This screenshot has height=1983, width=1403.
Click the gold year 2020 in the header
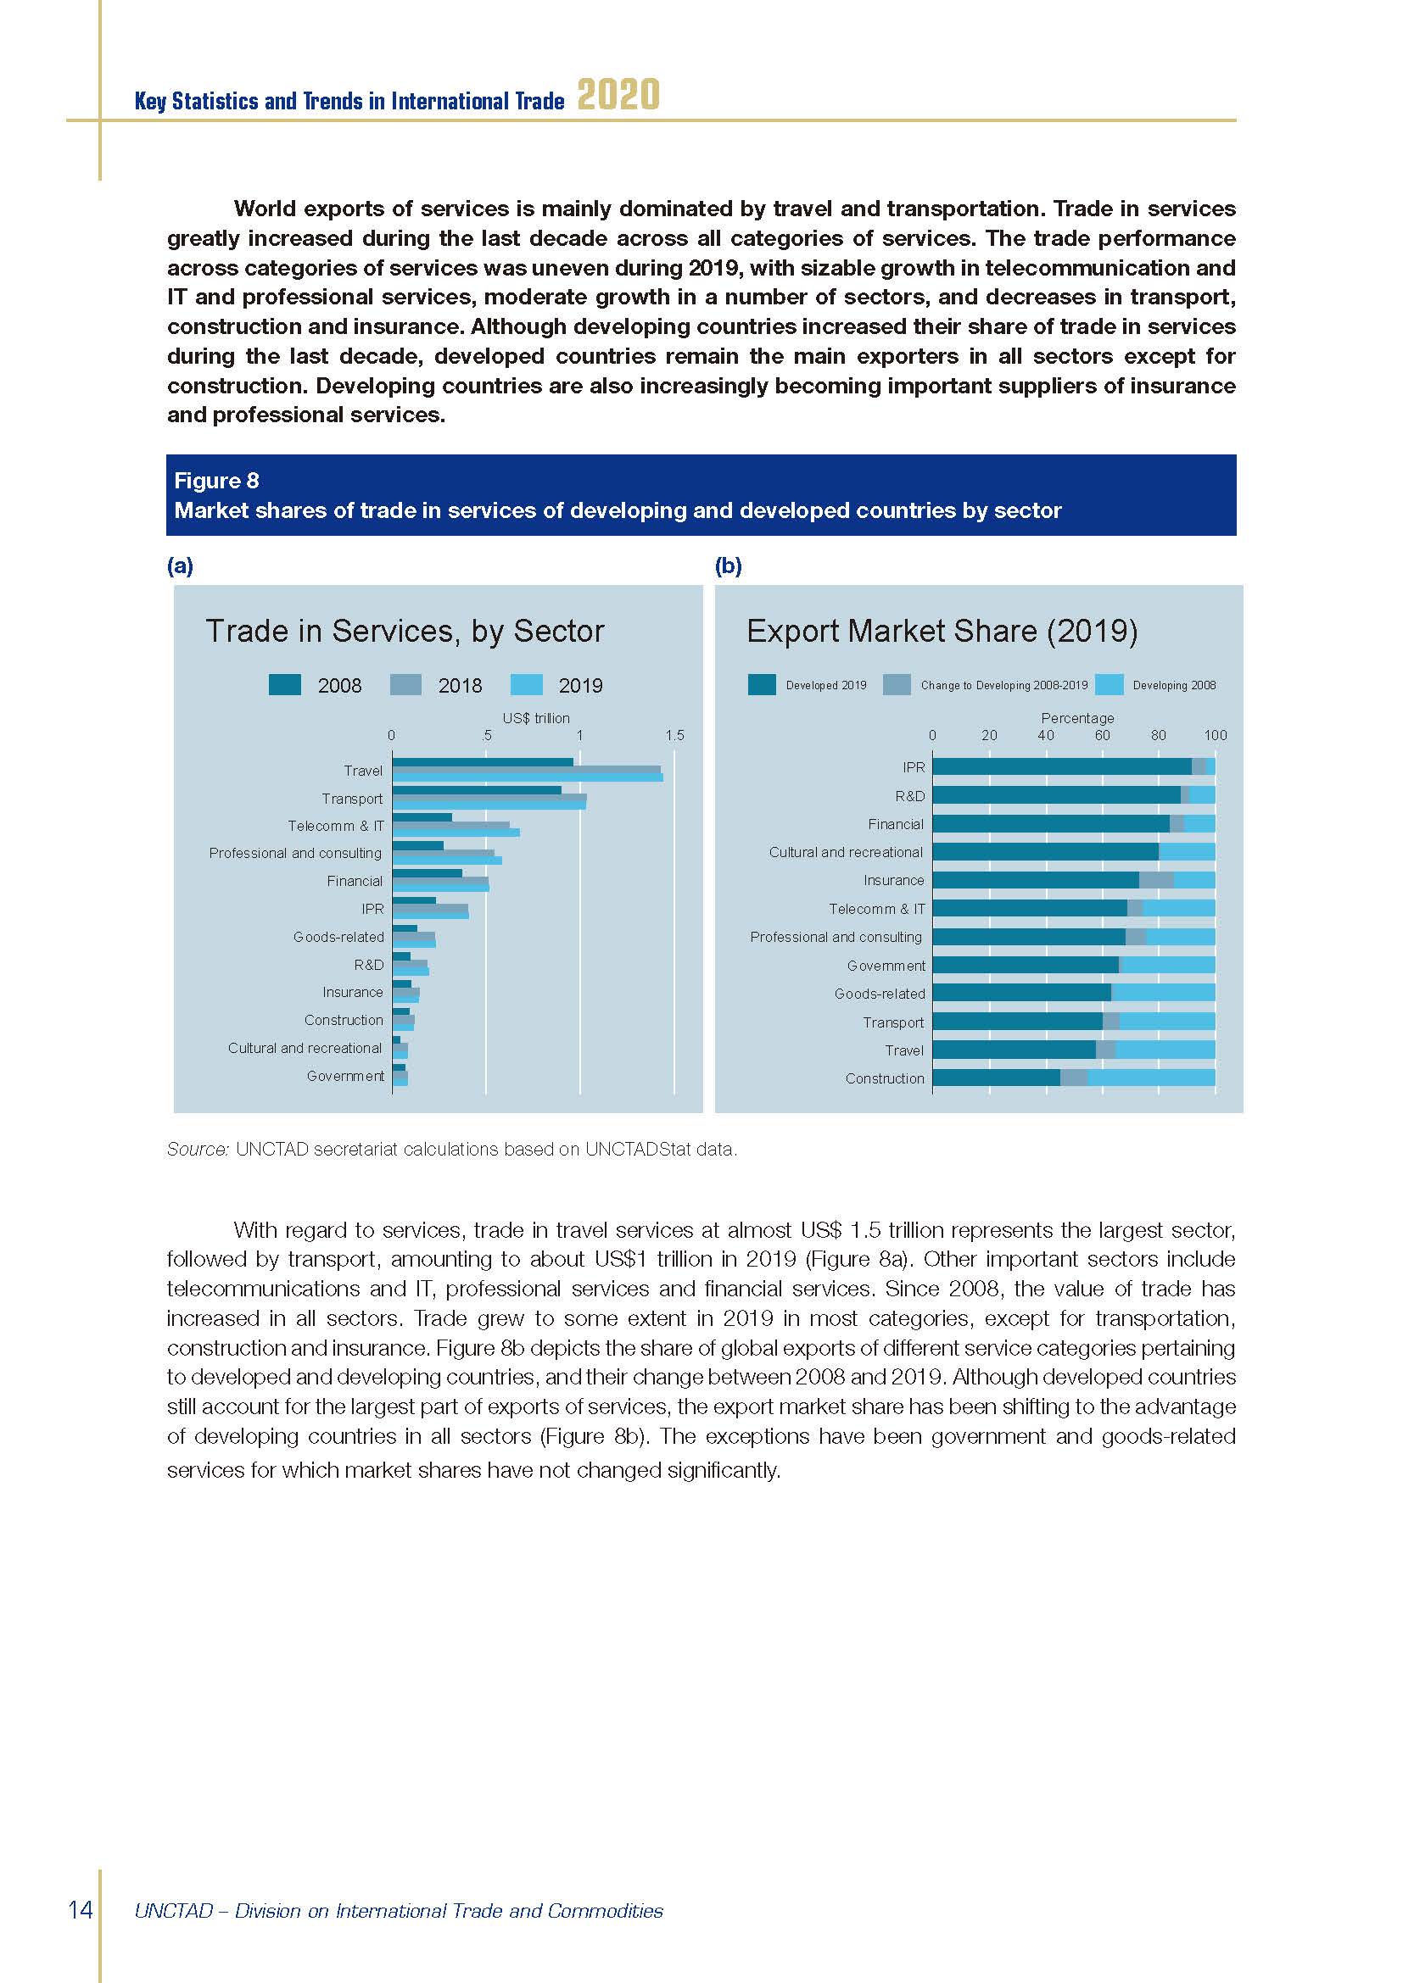(x=618, y=95)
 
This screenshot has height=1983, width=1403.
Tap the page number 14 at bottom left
(x=81, y=1908)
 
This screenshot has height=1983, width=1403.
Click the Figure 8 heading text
(x=216, y=481)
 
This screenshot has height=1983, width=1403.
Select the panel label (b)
(x=729, y=565)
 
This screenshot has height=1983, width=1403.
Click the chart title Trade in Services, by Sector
(x=405, y=632)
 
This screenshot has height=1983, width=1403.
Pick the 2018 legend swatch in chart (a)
(x=405, y=685)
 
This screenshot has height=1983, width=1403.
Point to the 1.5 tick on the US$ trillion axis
(x=674, y=736)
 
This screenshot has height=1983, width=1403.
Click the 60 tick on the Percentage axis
(x=1103, y=736)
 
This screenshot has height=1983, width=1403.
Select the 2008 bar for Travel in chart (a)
(x=482, y=762)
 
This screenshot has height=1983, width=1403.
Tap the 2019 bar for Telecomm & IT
(x=456, y=833)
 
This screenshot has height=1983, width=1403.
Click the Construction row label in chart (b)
(x=885, y=1078)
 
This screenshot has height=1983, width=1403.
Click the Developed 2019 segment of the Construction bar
(x=995, y=1078)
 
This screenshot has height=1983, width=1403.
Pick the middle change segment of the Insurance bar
(x=1156, y=880)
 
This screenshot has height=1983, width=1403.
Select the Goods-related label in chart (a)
(x=338, y=937)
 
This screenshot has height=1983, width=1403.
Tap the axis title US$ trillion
(x=535, y=719)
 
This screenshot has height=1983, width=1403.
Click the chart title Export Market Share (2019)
(x=942, y=632)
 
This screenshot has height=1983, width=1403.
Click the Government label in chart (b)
(x=886, y=966)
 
